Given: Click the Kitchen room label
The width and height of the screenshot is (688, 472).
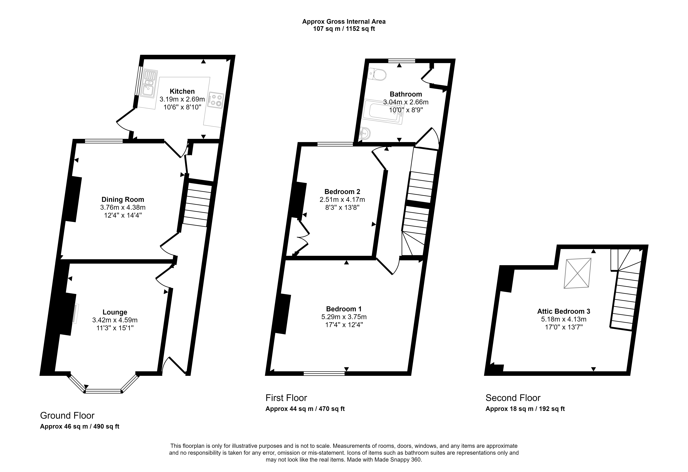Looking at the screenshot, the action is coord(182,91).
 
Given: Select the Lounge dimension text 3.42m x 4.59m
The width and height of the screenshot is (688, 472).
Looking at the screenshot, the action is coord(115,320).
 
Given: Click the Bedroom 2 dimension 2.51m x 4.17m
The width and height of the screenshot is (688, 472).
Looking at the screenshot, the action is coord(342,199).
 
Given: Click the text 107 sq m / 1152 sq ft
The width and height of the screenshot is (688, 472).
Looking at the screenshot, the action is coord(344,29).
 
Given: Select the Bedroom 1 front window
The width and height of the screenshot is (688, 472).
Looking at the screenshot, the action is coord(324,373).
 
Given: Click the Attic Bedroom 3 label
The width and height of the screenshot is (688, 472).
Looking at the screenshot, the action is coord(564,311).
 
